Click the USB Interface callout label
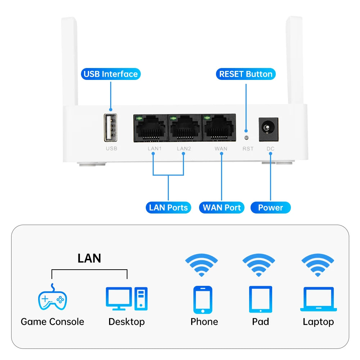tap(111, 74)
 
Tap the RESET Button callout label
tap(246, 74)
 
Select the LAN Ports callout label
tap(168, 207)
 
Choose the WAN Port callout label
tap(222, 207)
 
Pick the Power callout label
tap(270, 207)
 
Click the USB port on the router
tap(111, 127)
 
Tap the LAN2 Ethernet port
tap(185, 129)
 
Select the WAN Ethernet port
tap(219, 129)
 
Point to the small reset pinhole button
tap(246, 137)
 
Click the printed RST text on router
tap(248, 148)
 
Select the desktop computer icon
tap(127, 298)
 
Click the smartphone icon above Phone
tap(203, 300)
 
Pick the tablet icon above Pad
tap(260, 300)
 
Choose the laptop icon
tap(319, 299)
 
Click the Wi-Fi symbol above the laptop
tap(318, 265)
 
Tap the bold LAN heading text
tap(89, 258)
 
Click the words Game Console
tap(53, 321)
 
